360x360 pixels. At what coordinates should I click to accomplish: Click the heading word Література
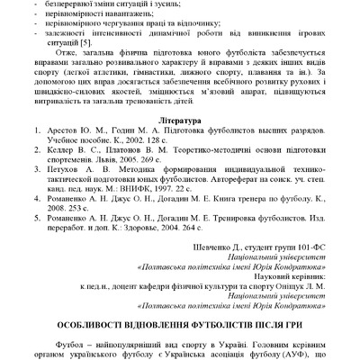179,143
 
